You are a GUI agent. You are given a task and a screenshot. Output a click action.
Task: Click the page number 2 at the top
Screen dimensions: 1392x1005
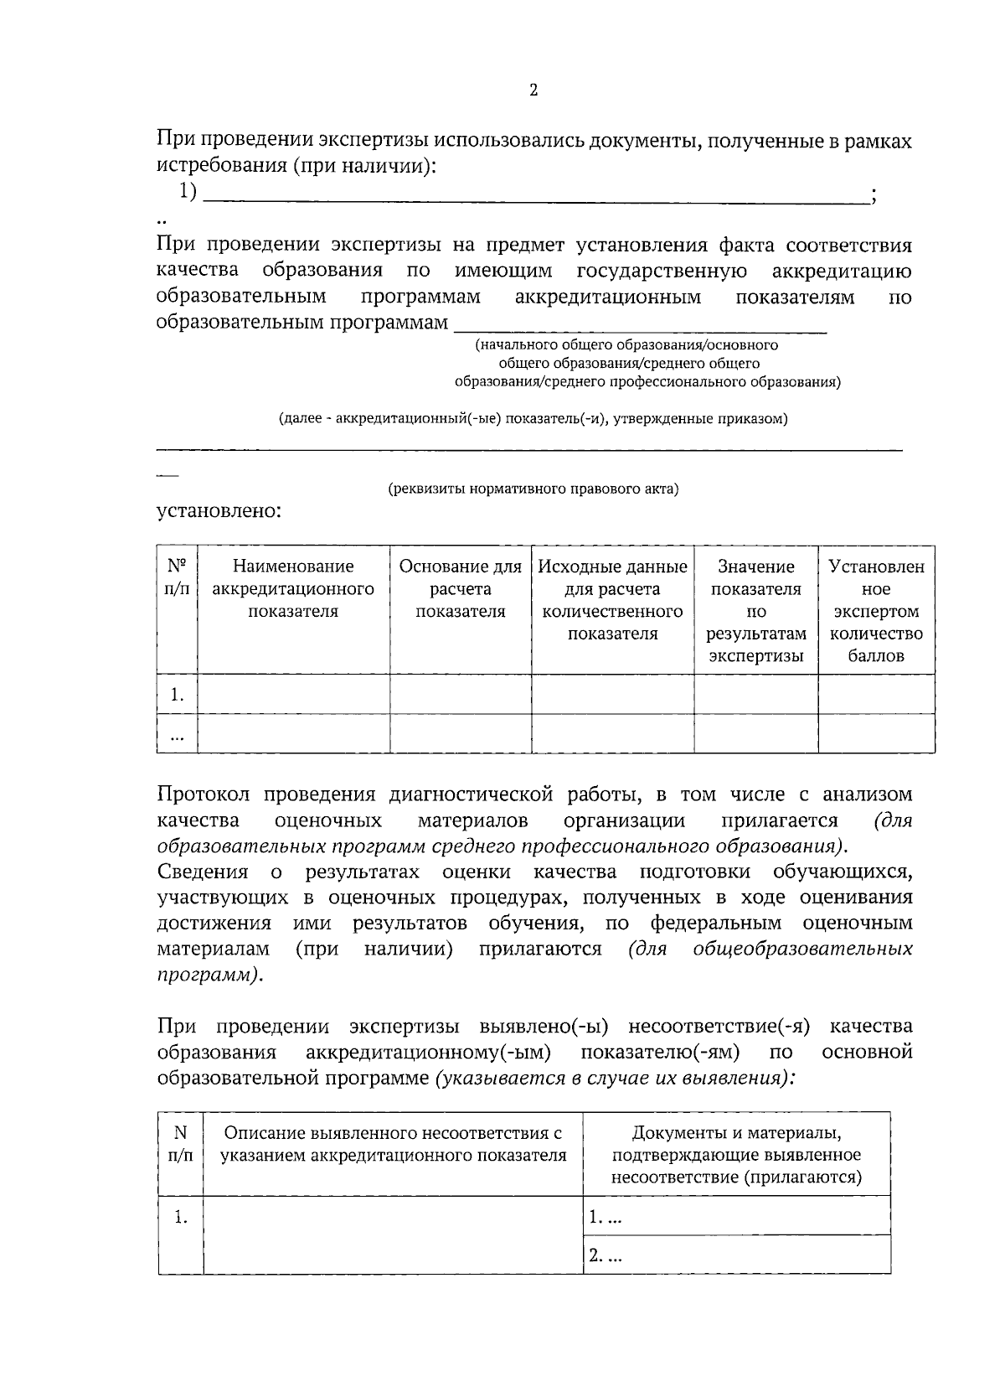point(533,91)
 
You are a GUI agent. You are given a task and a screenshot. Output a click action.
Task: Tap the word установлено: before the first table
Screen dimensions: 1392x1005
point(219,510)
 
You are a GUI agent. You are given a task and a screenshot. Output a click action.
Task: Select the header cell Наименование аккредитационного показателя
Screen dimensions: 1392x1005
point(293,588)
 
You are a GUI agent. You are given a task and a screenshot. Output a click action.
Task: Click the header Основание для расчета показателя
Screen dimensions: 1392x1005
point(461,588)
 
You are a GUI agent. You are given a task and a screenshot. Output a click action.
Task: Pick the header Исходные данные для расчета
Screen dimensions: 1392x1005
point(613,599)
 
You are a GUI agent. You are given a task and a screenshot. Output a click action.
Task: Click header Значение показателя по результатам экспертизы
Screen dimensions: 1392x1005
point(756,610)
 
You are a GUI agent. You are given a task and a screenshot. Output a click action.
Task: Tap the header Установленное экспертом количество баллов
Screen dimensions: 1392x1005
point(876,610)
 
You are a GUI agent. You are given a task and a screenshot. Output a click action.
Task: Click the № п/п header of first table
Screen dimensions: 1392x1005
point(177,577)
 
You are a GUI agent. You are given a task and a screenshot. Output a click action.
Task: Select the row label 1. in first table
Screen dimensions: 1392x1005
point(177,694)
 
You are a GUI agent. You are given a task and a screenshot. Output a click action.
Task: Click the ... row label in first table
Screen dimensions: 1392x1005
point(177,735)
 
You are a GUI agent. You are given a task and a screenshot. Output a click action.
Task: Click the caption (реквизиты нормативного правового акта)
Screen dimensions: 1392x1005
point(533,489)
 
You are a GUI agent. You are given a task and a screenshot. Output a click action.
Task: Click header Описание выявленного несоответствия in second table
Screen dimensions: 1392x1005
point(393,1144)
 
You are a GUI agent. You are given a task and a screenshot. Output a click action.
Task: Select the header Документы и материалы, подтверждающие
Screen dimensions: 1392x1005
point(736,1155)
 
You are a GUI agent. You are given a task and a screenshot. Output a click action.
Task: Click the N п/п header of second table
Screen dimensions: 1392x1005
point(180,1144)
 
